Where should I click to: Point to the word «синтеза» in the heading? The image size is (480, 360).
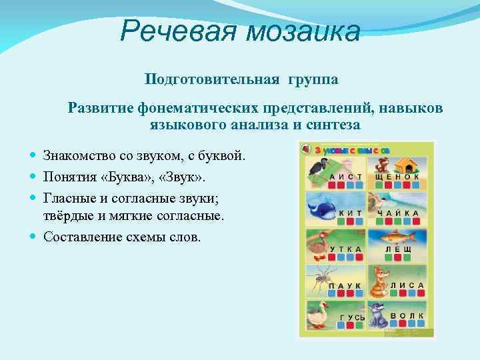point(334,124)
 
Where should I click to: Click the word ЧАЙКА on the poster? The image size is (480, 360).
point(398,213)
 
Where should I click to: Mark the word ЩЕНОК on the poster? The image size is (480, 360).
point(397,177)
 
